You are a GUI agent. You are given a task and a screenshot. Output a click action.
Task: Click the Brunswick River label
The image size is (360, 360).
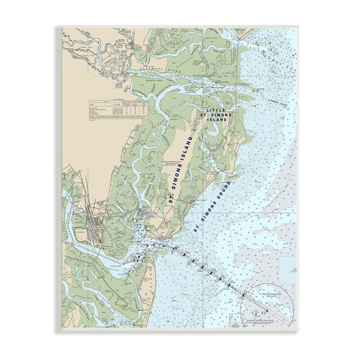[x=100, y=262]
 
